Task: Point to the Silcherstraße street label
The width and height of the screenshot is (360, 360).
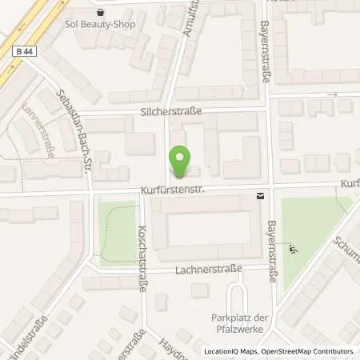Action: pos(166,113)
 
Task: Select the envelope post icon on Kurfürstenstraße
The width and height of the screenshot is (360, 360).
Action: pos(260,195)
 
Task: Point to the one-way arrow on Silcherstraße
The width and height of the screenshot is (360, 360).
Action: pos(338,94)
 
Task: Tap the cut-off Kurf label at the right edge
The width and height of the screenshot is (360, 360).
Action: pos(350,183)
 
